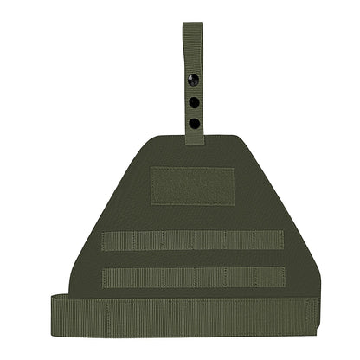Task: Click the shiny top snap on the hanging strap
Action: (193, 80)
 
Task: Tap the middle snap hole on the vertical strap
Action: (193, 101)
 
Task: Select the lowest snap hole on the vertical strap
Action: (193, 123)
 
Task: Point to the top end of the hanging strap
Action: (192, 24)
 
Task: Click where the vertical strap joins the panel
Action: (193, 140)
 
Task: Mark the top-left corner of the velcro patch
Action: (152, 165)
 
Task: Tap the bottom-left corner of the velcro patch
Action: (152, 204)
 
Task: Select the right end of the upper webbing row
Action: (283, 241)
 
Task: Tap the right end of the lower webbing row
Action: (283, 277)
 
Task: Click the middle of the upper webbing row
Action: (193, 241)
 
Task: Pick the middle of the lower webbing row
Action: (193, 277)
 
